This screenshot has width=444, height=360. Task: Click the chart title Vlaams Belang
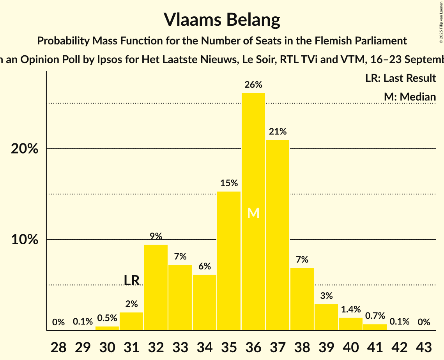(222, 19)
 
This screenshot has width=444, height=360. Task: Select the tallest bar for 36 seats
(253, 156)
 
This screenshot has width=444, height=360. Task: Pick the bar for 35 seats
(229, 261)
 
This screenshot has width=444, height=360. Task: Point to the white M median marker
(253, 213)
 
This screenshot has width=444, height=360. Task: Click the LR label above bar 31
(132, 280)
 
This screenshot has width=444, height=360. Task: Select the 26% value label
(253, 85)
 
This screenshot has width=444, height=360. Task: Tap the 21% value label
(278, 132)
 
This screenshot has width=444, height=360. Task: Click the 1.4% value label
(350, 310)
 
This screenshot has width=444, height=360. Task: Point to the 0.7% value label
(375, 316)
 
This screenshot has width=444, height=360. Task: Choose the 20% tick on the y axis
(25, 149)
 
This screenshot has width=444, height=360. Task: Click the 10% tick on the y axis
(25, 240)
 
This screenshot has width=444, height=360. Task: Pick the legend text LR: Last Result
(400, 78)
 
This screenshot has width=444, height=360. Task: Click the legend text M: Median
(410, 97)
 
